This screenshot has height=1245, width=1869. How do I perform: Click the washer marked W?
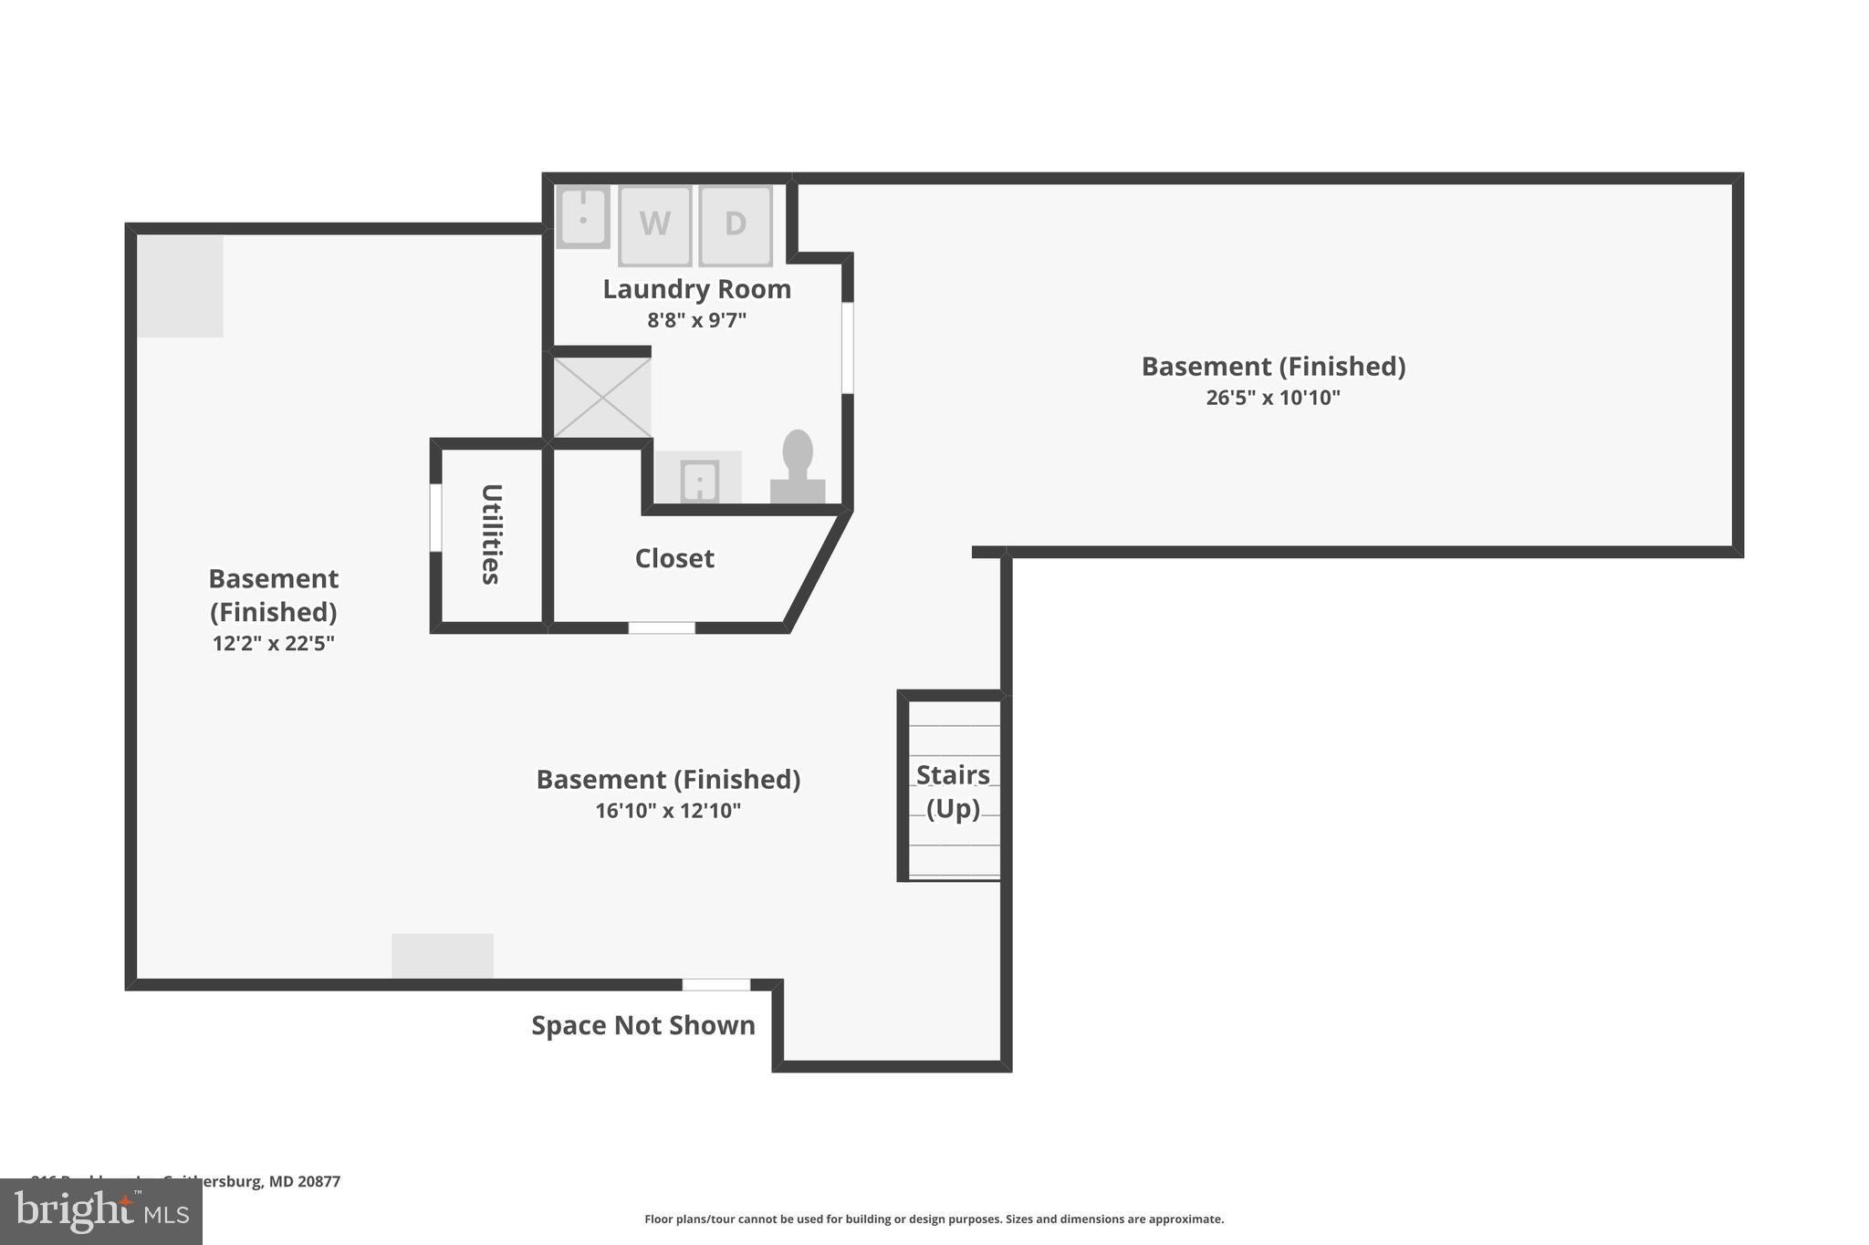[x=654, y=224]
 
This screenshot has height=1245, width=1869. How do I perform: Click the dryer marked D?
[x=736, y=224]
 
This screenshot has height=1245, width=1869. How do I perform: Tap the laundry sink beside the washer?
[x=582, y=217]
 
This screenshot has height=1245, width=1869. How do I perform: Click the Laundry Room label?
[x=696, y=289]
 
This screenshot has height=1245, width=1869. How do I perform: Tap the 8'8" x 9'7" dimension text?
[x=696, y=320]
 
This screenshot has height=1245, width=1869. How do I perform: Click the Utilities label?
[x=491, y=534]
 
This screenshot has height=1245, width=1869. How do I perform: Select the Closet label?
[x=674, y=558]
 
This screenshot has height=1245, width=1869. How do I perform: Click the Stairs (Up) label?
[x=953, y=791]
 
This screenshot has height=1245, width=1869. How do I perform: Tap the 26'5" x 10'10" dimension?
[x=1273, y=398]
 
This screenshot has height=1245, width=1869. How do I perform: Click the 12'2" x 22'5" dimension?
[x=273, y=643]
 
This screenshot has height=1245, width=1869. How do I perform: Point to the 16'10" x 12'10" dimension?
[x=668, y=811]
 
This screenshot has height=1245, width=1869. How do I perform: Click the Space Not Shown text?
[x=643, y=1025]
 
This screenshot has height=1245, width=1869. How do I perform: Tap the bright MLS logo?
[x=101, y=1212]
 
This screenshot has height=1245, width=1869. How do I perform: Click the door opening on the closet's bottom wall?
[x=662, y=628]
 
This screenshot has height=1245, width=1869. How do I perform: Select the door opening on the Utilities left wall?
[x=435, y=517]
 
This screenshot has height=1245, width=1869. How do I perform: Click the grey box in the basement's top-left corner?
[x=180, y=285]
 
